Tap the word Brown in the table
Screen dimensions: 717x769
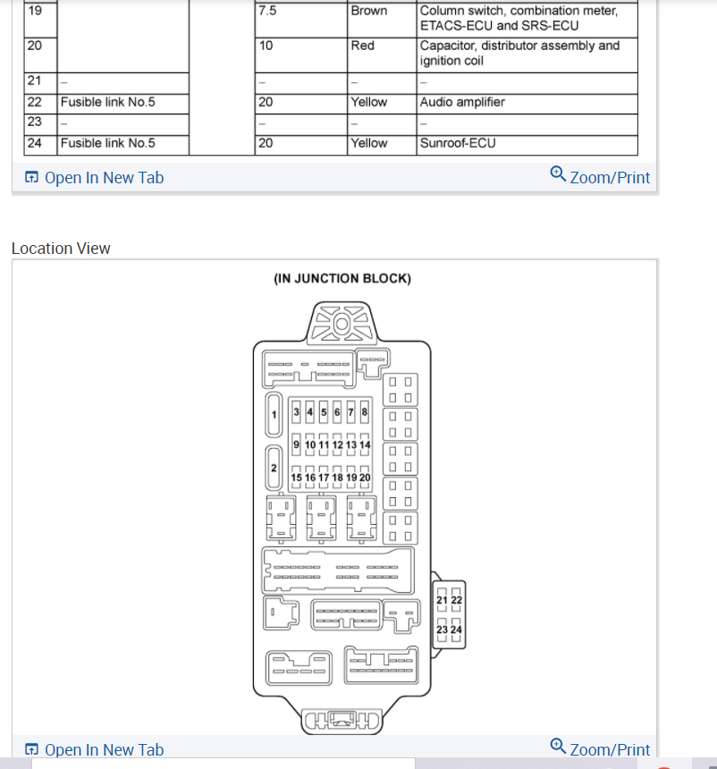[x=369, y=11]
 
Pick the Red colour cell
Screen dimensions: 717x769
[x=363, y=46]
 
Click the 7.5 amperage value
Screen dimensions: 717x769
[x=266, y=11]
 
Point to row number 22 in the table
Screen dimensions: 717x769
[x=35, y=102]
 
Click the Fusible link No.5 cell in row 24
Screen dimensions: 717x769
[x=107, y=143]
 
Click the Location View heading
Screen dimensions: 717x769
[x=61, y=249]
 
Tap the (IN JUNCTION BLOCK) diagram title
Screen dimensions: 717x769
[x=342, y=278]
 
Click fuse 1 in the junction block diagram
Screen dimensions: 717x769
[x=274, y=414]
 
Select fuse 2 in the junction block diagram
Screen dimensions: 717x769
[x=274, y=469]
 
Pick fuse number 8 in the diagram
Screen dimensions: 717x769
[x=365, y=412]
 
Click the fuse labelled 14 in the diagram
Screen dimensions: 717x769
[x=365, y=444]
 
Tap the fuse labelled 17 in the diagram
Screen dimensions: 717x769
[x=324, y=477]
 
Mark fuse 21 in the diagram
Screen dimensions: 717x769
[x=443, y=600]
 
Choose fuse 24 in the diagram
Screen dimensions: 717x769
[x=456, y=630]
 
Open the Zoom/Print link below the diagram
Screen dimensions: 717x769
[x=601, y=748]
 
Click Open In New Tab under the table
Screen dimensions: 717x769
[x=95, y=178]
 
